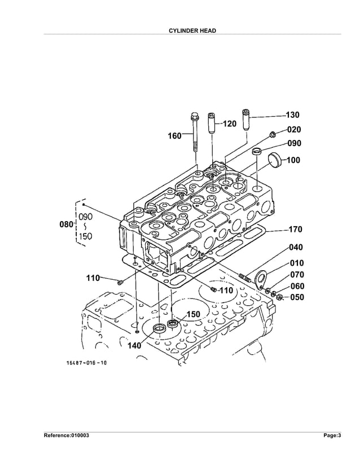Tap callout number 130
coord(292,115)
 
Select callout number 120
coord(229,124)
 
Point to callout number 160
coord(174,135)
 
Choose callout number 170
coord(296,230)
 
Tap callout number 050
coord(297,297)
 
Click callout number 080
coord(67,225)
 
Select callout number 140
coord(134,346)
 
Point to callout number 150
coord(194,314)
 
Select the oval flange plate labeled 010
coord(261,279)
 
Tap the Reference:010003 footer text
coord(67,436)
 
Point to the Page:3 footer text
coord(332,436)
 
